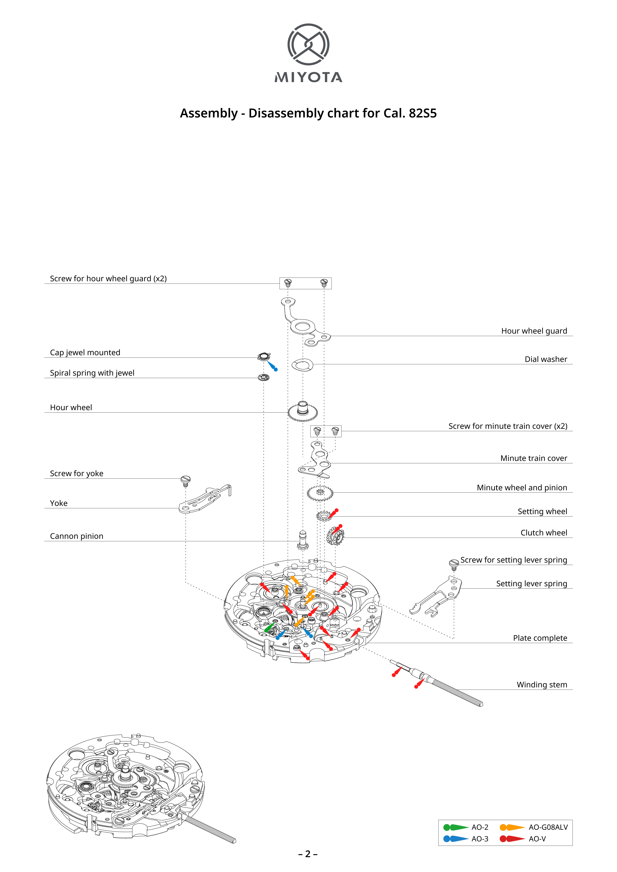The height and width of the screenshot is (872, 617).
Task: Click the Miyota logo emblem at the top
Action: point(308,44)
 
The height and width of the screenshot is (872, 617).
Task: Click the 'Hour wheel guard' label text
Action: point(534,331)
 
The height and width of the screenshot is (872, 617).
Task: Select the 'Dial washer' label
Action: point(546,359)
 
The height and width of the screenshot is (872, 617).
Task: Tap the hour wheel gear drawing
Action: point(303,411)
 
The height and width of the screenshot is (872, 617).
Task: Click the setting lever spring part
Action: point(437,597)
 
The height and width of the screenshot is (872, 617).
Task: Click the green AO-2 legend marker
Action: point(455,827)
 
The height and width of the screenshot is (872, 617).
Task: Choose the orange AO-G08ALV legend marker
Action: point(512,827)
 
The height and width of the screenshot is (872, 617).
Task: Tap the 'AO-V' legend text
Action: point(537,839)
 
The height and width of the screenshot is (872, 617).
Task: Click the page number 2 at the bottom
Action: point(308,854)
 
